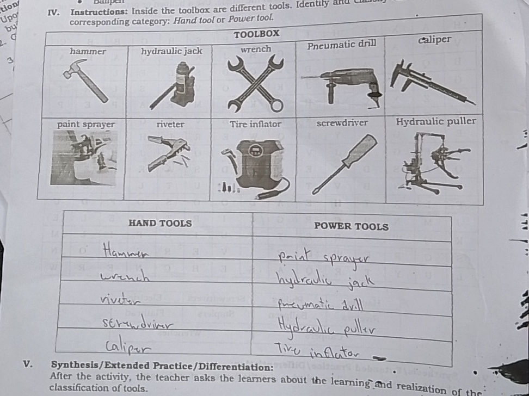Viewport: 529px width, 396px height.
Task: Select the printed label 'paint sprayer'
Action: tap(86, 125)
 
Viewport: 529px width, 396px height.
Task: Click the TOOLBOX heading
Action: tap(256, 34)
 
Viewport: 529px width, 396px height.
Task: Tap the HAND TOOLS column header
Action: tap(160, 223)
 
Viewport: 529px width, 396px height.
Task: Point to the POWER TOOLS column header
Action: tap(352, 226)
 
